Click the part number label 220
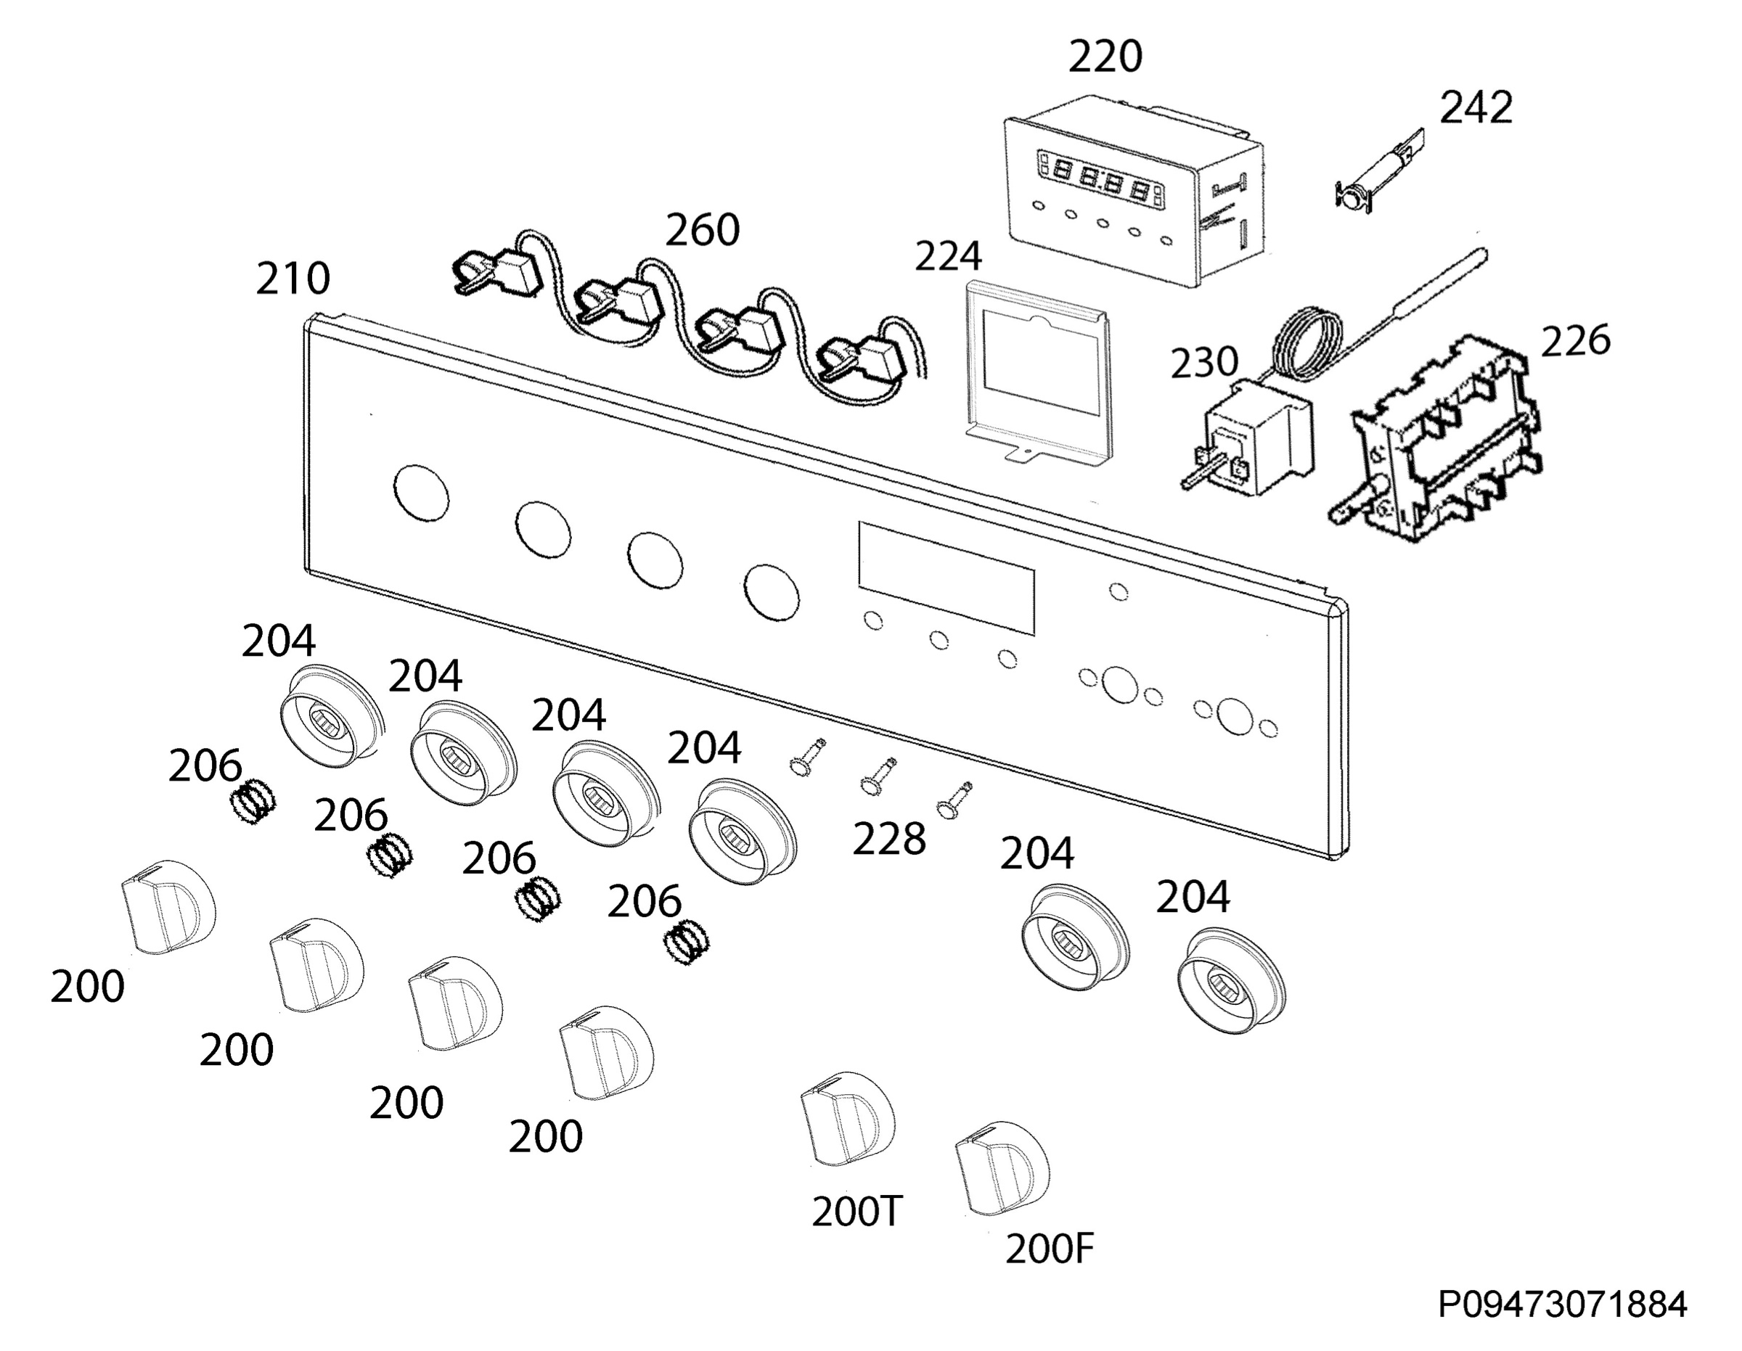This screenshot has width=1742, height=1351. point(1105,57)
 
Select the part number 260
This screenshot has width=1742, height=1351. point(703,230)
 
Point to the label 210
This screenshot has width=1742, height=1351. point(293,279)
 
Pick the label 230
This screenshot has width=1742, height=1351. point(1204,362)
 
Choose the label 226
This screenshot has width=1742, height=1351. point(1575,340)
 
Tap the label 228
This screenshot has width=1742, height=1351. point(889,839)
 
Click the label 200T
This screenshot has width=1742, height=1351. point(856,1212)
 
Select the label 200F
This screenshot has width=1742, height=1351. point(1050,1249)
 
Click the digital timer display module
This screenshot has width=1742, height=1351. point(1134,192)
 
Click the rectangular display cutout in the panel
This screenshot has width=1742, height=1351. point(946,578)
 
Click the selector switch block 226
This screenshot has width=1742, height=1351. point(1436,439)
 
